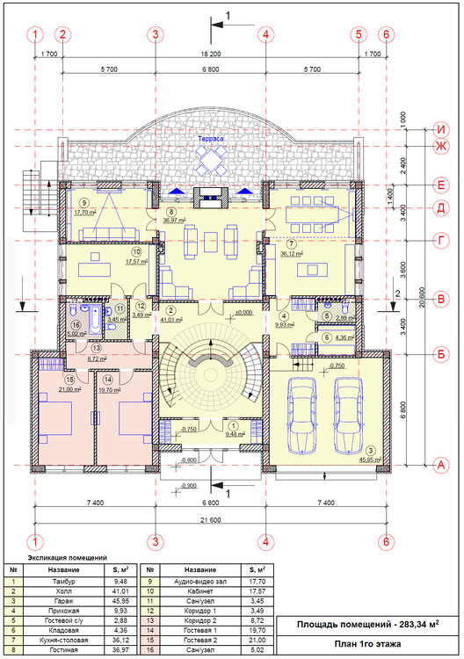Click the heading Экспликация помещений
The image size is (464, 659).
point(68,557)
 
